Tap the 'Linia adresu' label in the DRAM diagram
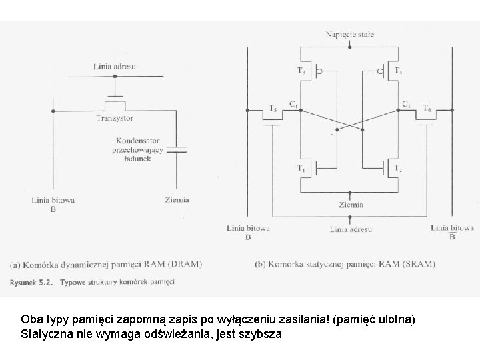pos(115,66)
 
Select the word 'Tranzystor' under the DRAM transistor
pos(115,118)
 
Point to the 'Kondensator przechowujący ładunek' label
pos(139,149)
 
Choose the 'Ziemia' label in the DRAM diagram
pos(177,199)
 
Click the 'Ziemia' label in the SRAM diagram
pos(351,205)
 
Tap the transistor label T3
pos(301,69)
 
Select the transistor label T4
pos(397,69)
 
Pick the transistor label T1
pos(302,168)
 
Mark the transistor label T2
pos(397,168)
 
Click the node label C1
pos(293,103)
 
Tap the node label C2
pos(405,103)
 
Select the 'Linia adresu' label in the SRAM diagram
pos(351,229)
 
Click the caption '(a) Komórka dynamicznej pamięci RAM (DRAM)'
pos(106,263)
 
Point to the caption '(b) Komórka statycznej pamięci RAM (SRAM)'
pos(345,263)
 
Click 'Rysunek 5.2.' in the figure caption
pos(32,282)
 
